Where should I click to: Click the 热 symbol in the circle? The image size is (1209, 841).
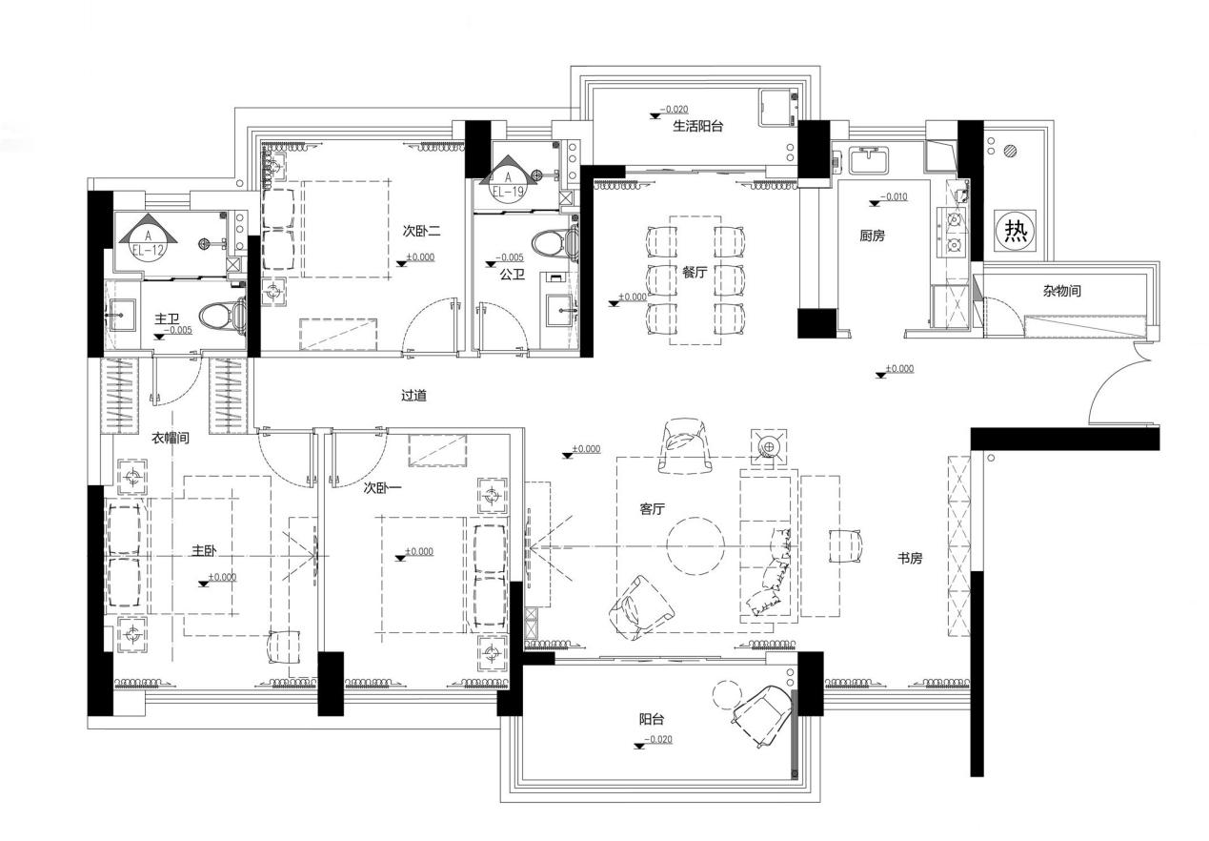tap(1016, 231)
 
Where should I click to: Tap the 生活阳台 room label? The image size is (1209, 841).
tap(697, 127)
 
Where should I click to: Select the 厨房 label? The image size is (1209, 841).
tap(872, 236)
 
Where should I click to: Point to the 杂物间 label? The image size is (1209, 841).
tap(1061, 291)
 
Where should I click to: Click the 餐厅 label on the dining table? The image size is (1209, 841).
tap(695, 273)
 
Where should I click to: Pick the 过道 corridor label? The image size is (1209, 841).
tap(414, 396)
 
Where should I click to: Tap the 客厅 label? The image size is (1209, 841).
tap(652, 509)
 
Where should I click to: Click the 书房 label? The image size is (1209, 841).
tap(910, 559)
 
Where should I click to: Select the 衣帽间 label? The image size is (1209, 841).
tap(170, 438)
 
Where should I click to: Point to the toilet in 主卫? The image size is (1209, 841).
tap(222, 316)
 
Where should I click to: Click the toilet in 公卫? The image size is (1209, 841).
tap(554, 243)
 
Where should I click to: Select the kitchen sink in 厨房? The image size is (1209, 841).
tap(869, 160)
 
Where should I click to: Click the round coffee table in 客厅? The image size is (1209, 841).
tap(695, 545)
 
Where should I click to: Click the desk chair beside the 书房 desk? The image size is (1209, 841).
tap(846, 546)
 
